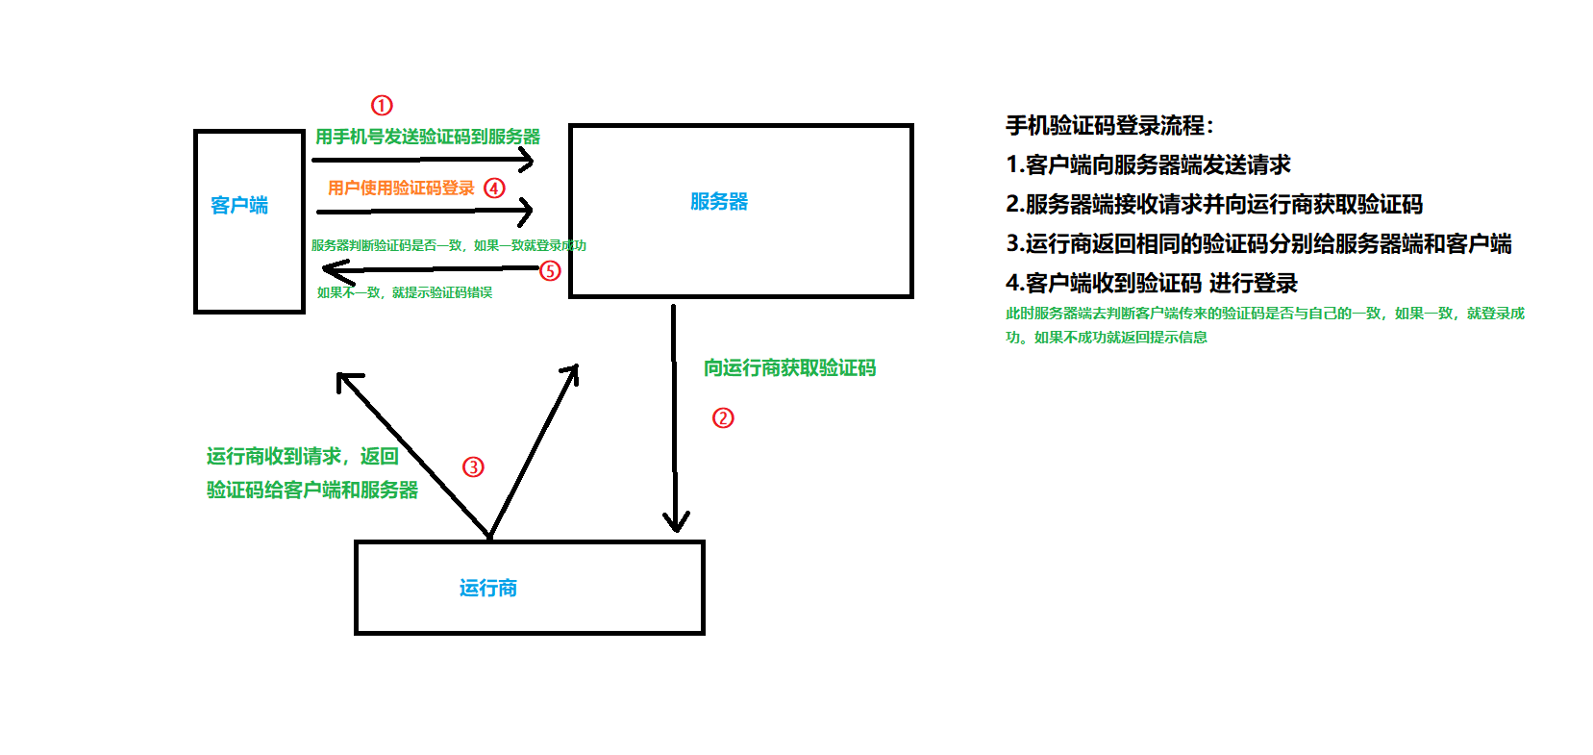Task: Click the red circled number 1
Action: click(382, 105)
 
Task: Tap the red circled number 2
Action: click(723, 417)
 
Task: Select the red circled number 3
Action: click(473, 466)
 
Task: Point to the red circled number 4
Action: click(494, 188)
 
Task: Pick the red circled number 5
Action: click(550, 270)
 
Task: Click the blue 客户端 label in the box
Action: click(239, 205)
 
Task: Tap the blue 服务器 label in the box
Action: click(719, 201)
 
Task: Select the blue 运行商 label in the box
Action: click(488, 588)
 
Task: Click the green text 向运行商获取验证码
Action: click(789, 367)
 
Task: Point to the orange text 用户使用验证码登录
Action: click(401, 188)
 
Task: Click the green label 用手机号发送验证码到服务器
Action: click(428, 137)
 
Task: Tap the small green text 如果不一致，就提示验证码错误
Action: click(405, 292)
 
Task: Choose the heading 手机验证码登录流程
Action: click(1109, 125)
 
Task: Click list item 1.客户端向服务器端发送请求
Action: click(1148, 164)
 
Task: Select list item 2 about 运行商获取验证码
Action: click(1213, 204)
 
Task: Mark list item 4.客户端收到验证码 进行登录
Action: click(1151, 283)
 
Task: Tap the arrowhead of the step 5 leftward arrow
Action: click(332, 270)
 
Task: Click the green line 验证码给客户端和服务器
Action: click(312, 490)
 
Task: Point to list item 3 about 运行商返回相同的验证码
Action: click(1258, 243)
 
